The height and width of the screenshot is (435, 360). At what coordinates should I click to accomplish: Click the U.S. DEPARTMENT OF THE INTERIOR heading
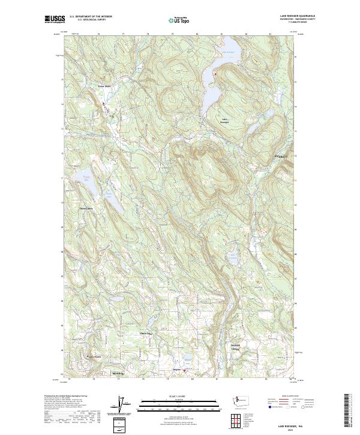91,17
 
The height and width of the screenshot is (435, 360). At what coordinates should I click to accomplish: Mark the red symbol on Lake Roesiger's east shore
215,73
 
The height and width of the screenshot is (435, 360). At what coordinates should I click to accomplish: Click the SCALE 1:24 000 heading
180,397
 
